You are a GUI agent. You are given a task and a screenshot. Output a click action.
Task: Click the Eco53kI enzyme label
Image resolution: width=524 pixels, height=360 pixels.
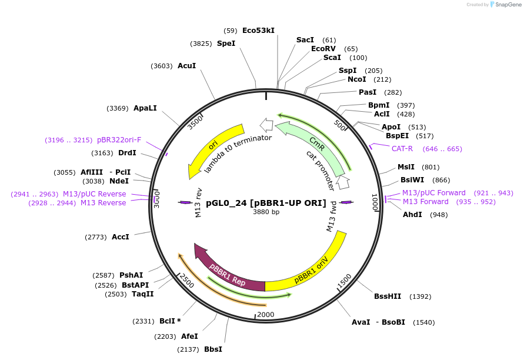pyautogui.click(x=258, y=31)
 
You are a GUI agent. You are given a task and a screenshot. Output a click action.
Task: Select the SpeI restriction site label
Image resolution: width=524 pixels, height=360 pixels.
pyautogui.click(x=226, y=44)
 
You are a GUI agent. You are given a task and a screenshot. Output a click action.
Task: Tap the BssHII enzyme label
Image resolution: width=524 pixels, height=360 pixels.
pyautogui.click(x=388, y=296)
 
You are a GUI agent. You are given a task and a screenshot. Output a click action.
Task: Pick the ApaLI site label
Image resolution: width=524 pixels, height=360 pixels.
pyautogui.click(x=145, y=108)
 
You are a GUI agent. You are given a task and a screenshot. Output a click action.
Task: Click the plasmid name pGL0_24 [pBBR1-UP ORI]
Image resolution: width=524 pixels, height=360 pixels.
pyautogui.click(x=266, y=203)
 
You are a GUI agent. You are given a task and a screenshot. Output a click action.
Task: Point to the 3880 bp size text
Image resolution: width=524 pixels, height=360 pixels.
pyautogui.click(x=266, y=212)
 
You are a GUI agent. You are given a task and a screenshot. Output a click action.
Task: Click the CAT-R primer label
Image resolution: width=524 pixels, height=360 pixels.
pyautogui.click(x=402, y=149)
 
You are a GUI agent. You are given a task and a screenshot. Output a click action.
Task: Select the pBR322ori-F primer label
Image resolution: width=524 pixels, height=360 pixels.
pyautogui.click(x=119, y=140)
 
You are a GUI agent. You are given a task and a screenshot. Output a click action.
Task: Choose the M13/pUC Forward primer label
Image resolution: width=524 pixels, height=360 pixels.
pyautogui.click(x=433, y=193)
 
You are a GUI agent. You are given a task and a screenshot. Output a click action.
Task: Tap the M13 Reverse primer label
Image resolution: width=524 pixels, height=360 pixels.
pyautogui.click(x=103, y=203)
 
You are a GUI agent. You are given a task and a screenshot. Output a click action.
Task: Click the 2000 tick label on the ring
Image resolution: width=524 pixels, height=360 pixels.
pyautogui.click(x=266, y=314)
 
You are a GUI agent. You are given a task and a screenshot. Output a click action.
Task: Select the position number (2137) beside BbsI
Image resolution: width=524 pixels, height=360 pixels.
pyautogui.click(x=189, y=349)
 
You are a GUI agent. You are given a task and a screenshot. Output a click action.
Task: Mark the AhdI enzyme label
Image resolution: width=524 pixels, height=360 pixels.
pyautogui.click(x=412, y=215)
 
